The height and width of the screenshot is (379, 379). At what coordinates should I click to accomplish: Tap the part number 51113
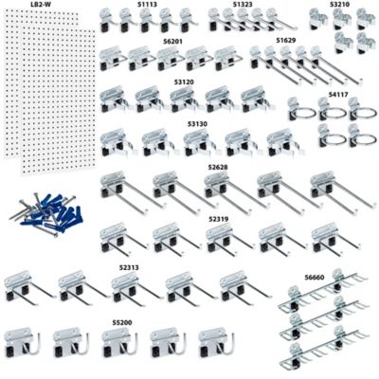(147, 5)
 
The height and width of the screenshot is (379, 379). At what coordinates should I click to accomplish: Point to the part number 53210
(340, 5)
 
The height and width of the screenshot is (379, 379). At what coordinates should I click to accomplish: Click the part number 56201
(172, 43)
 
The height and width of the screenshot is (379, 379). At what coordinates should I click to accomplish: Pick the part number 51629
(285, 42)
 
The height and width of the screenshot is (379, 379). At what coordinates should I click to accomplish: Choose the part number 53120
(185, 82)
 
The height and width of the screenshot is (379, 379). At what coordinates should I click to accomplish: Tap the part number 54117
(338, 95)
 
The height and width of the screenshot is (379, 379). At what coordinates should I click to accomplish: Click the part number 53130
(197, 123)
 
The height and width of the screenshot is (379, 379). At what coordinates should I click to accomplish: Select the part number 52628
(218, 167)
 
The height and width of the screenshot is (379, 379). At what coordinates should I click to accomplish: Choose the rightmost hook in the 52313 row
(237, 288)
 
